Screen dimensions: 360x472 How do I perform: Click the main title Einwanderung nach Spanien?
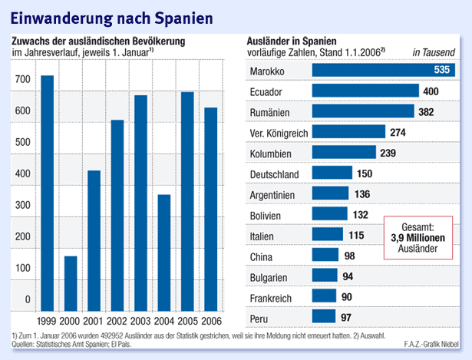(107, 16)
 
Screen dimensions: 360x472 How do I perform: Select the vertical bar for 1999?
(47, 191)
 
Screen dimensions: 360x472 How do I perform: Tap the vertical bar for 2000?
(70, 281)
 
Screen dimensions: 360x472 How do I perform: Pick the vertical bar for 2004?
(163, 250)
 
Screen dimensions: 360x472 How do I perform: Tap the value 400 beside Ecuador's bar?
(431, 91)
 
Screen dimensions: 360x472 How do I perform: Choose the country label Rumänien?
(273, 112)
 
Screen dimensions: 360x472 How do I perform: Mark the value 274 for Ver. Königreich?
(398, 133)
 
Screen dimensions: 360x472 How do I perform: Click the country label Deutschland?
(279, 174)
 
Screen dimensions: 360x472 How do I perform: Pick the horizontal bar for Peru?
(324, 316)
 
